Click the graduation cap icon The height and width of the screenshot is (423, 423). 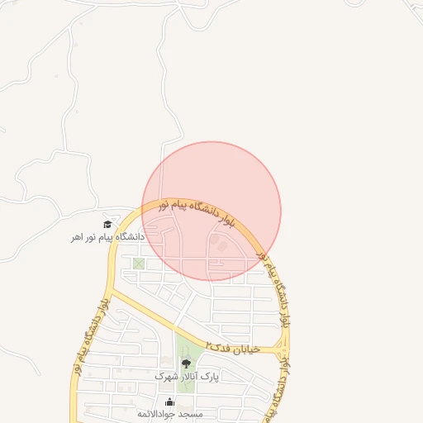tap(107, 224)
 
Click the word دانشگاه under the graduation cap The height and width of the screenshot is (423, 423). tap(131, 237)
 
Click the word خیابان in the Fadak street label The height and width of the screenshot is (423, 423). tap(246, 349)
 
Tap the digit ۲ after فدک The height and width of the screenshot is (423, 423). tap(209, 344)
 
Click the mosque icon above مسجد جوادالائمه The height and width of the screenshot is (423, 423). tap(170, 402)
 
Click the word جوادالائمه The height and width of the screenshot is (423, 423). tap(164, 412)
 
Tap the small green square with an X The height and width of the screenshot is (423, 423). tap(138, 264)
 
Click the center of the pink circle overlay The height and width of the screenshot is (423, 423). tap(211, 211)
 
